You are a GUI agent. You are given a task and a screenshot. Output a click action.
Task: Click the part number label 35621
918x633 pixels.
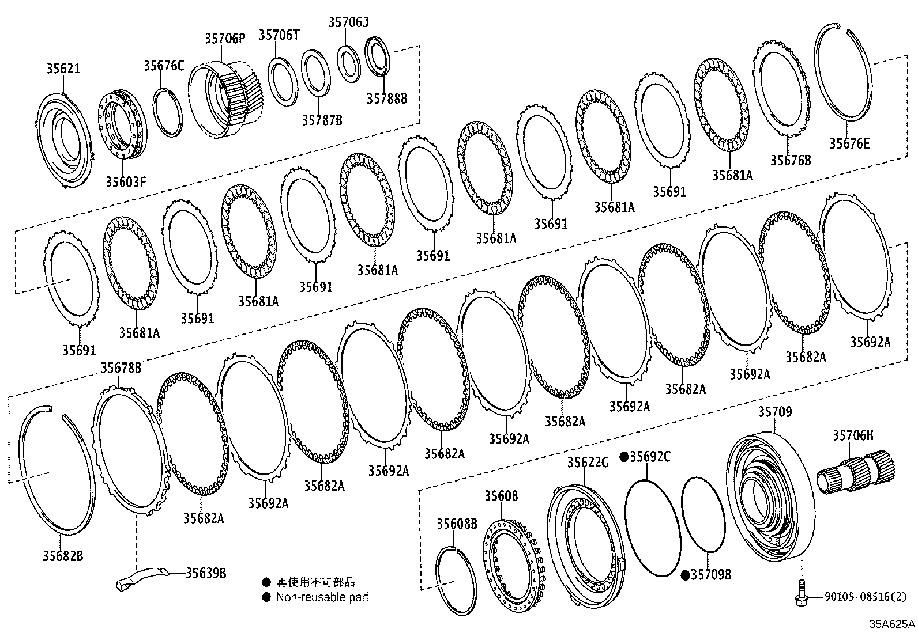63,69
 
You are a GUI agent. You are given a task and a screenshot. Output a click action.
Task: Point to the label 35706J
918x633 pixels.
348,22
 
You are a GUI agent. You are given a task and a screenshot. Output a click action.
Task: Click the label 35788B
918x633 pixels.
387,98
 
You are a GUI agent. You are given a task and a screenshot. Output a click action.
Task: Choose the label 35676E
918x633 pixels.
849,143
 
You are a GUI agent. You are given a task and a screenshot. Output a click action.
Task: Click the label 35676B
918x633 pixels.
791,160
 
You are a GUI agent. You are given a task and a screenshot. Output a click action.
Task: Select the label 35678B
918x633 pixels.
121,367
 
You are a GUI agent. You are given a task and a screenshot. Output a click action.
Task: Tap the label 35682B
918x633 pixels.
62,556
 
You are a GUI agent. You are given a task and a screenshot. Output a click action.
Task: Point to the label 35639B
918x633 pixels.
206,573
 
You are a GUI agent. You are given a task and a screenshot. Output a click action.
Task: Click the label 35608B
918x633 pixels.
457,524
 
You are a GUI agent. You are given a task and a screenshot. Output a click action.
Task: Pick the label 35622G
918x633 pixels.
588,462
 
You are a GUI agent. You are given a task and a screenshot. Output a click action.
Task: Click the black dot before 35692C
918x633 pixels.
624,457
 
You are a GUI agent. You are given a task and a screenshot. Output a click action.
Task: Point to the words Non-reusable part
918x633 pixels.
322,597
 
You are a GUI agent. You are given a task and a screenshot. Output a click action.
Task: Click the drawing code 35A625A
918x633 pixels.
892,623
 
